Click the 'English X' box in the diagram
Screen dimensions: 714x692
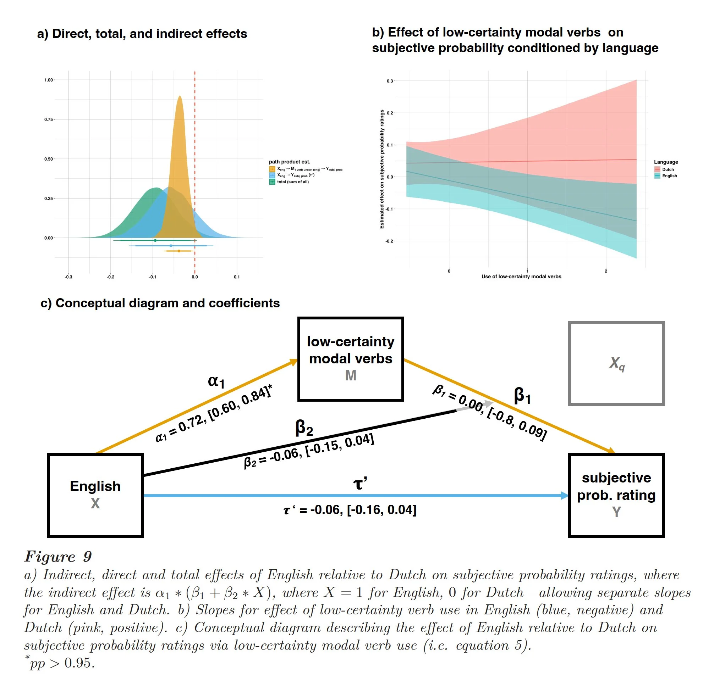tap(95, 495)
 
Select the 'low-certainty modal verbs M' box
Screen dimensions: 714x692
tap(351, 359)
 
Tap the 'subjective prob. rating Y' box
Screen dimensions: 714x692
tap(616, 495)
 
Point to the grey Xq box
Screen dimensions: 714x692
tap(616, 363)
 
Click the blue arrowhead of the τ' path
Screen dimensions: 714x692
tap(564, 496)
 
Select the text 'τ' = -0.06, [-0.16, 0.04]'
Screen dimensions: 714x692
tap(350, 510)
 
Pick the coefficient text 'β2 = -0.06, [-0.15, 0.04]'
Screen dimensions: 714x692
tap(309, 451)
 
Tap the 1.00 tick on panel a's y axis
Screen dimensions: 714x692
tap(49, 80)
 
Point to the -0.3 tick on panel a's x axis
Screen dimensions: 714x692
tap(68, 277)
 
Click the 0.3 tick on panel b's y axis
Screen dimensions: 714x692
tap(390, 81)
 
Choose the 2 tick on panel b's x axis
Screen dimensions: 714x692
tap(606, 271)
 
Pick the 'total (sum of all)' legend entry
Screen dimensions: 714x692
tap(289, 182)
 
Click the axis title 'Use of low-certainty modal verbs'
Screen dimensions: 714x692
tap(521, 277)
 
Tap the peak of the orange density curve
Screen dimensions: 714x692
tap(180, 96)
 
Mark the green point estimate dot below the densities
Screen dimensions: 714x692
tap(155, 240)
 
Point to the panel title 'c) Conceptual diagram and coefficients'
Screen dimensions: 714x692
tap(160, 303)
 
